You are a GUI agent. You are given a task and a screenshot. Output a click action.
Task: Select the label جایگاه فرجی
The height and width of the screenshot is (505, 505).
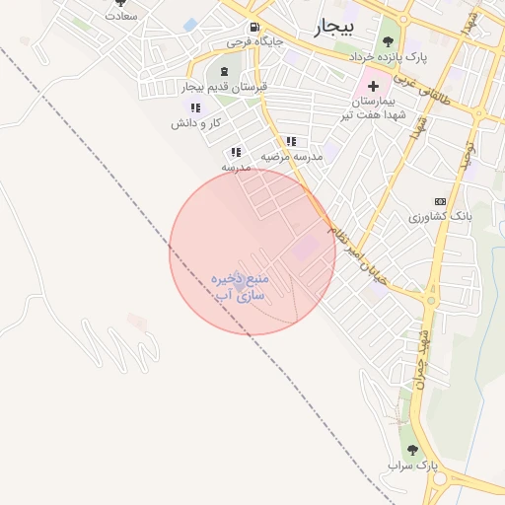(x=253, y=42)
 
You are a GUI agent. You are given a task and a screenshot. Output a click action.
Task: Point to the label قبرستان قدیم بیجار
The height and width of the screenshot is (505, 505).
(x=225, y=87)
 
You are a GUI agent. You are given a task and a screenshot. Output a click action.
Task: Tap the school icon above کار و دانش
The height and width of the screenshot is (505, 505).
(x=195, y=108)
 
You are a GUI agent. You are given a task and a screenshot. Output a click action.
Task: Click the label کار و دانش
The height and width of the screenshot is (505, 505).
(x=195, y=123)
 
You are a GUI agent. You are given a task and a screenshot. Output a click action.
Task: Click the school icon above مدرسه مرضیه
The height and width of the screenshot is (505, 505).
(x=290, y=141)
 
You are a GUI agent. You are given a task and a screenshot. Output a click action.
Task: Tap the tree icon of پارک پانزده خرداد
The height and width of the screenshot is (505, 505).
(x=387, y=41)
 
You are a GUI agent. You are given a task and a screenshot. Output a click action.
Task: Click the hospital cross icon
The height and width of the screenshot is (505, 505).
(x=373, y=87)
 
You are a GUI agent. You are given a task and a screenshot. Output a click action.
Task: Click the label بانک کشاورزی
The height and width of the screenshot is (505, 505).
(x=441, y=215)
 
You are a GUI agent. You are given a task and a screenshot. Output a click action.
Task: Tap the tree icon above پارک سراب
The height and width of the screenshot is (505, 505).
(x=411, y=449)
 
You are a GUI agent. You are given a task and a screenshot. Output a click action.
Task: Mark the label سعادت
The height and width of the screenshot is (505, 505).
(x=120, y=17)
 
